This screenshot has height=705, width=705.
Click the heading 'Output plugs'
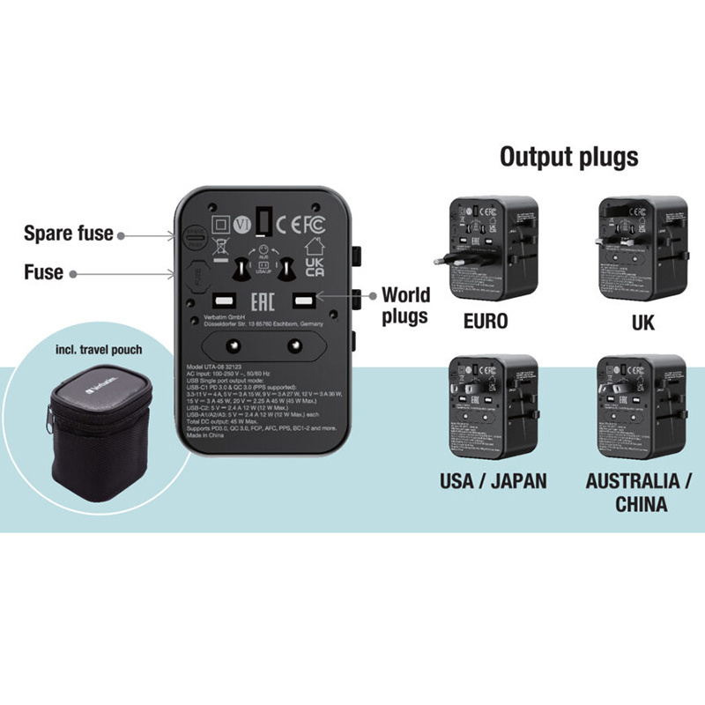568,157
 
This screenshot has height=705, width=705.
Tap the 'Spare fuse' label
68,234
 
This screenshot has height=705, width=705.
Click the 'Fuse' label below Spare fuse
43,272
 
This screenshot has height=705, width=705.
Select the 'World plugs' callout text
404,305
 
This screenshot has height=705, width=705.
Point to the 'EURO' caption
486,321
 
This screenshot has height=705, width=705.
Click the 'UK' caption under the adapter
642,321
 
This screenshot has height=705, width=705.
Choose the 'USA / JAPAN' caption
493,481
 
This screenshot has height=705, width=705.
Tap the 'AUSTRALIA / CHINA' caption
640,492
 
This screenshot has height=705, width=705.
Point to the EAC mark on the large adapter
264,302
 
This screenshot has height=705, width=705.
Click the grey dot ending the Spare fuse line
120,234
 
